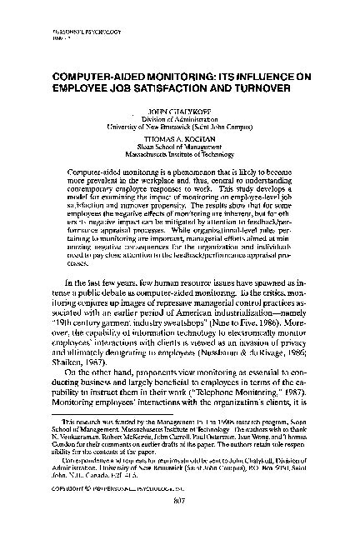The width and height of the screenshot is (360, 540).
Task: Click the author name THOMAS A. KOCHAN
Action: [180, 141]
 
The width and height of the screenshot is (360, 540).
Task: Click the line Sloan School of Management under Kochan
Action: [180, 147]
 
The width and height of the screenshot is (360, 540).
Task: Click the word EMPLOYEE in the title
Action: [83, 86]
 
